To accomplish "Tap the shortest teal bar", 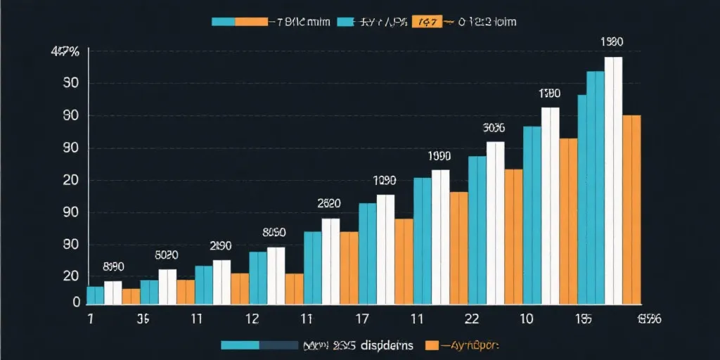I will click(x=95, y=295).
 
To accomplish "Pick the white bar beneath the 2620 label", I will click(x=330, y=261).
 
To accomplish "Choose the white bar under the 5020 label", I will click(x=167, y=286).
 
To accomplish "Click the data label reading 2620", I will click(x=329, y=204).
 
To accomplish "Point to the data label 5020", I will click(x=167, y=255).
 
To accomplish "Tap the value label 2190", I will click(x=221, y=246).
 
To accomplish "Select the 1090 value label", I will click(x=385, y=181).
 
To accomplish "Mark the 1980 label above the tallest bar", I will click(x=612, y=42).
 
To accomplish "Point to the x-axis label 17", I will click(x=362, y=319).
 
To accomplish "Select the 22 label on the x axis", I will click(x=472, y=319).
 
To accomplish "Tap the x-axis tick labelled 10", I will click(x=526, y=319).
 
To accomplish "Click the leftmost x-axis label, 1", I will click(x=90, y=319).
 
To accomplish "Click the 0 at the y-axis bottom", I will click(x=76, y=302).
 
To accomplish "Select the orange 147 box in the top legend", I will click(x=426, y=22).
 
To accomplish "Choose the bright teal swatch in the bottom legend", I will click(x=240, y=345).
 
